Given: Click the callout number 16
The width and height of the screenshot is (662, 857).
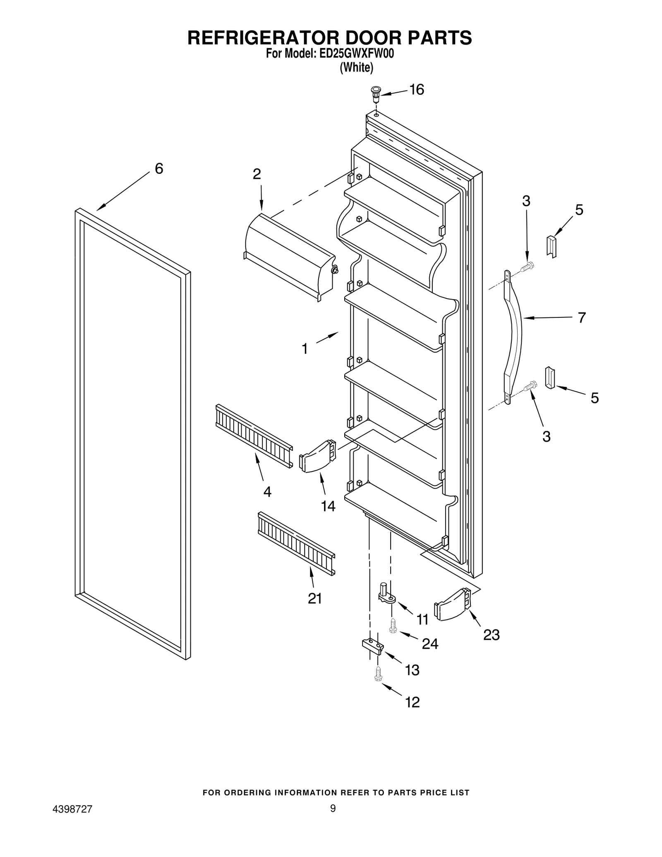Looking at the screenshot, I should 417,90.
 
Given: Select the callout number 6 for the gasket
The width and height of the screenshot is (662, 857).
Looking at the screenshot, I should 159,168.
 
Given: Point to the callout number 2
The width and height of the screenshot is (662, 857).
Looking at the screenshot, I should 257,174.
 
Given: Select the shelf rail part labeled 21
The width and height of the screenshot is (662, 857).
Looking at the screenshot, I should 296,543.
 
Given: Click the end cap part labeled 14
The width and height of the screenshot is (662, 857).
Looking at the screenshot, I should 317,456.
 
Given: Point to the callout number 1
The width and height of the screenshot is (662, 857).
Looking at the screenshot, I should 305,349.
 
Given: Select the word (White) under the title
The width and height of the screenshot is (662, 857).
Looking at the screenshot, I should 356,67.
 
